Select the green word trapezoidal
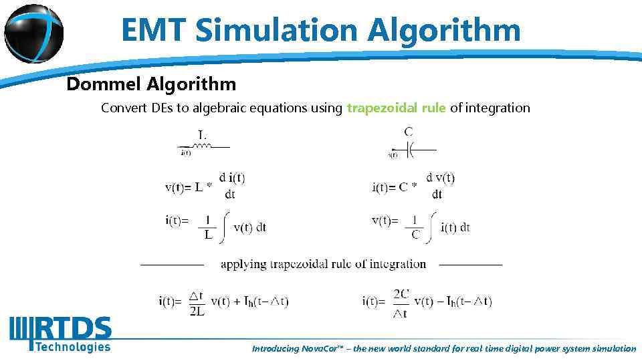tap(396, 108)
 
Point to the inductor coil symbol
tap(203, 145)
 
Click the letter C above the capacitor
tap(408, 132)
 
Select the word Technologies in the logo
tap(72, 346)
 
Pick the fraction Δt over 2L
tap(197, 302)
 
